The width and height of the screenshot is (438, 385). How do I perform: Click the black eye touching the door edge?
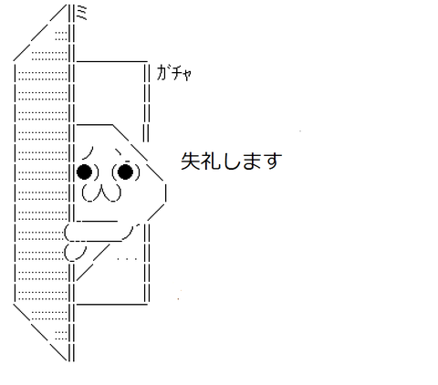pos(84,172)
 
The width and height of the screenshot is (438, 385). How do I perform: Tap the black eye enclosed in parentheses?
pos(125,172)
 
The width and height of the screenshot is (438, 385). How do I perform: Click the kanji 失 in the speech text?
pos(191,161)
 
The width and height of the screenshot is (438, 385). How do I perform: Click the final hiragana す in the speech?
pos(272,161)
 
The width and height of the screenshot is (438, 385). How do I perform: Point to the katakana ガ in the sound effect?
pos(162,72)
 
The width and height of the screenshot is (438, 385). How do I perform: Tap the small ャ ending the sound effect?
pos(187,75)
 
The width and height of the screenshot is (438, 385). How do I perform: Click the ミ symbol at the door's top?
pos(81,13)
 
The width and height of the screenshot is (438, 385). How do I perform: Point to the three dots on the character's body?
pos(127,259)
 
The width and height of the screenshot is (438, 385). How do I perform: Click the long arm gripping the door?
pos(99,232)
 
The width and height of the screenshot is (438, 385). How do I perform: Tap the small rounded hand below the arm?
pos(75,253)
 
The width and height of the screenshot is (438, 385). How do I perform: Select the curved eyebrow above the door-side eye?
pos(89,152)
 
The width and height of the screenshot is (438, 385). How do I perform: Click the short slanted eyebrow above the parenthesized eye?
pos(118,151)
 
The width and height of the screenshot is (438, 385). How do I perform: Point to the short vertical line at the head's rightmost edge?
pos(165,192)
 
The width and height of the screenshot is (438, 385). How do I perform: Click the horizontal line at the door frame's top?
pos(112,62)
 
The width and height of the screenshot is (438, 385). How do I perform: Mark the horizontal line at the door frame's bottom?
pos(112,304)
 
